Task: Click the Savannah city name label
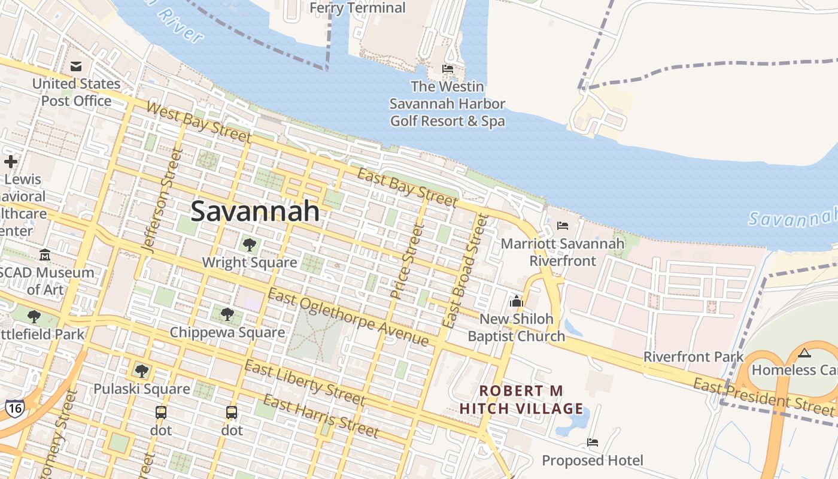(254, 211)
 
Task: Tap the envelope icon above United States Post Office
(76, 66)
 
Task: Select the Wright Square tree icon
(249, 244)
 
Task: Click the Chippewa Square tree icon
(227, 314)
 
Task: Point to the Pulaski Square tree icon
(141, 371)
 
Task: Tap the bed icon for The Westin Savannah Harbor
(447, 69)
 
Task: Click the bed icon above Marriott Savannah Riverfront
(563, 226)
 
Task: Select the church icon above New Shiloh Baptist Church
(516, 301)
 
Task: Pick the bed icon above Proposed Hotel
(593, 442)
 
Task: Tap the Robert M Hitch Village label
(521, 400)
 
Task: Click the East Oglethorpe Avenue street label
(348, 317)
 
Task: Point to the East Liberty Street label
(305, 383)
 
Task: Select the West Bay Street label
(198, 122)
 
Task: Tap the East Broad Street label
(465, 271)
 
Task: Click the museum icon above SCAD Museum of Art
(45, 255)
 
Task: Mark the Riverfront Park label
(693, 357)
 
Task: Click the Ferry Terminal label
(358, 8)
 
